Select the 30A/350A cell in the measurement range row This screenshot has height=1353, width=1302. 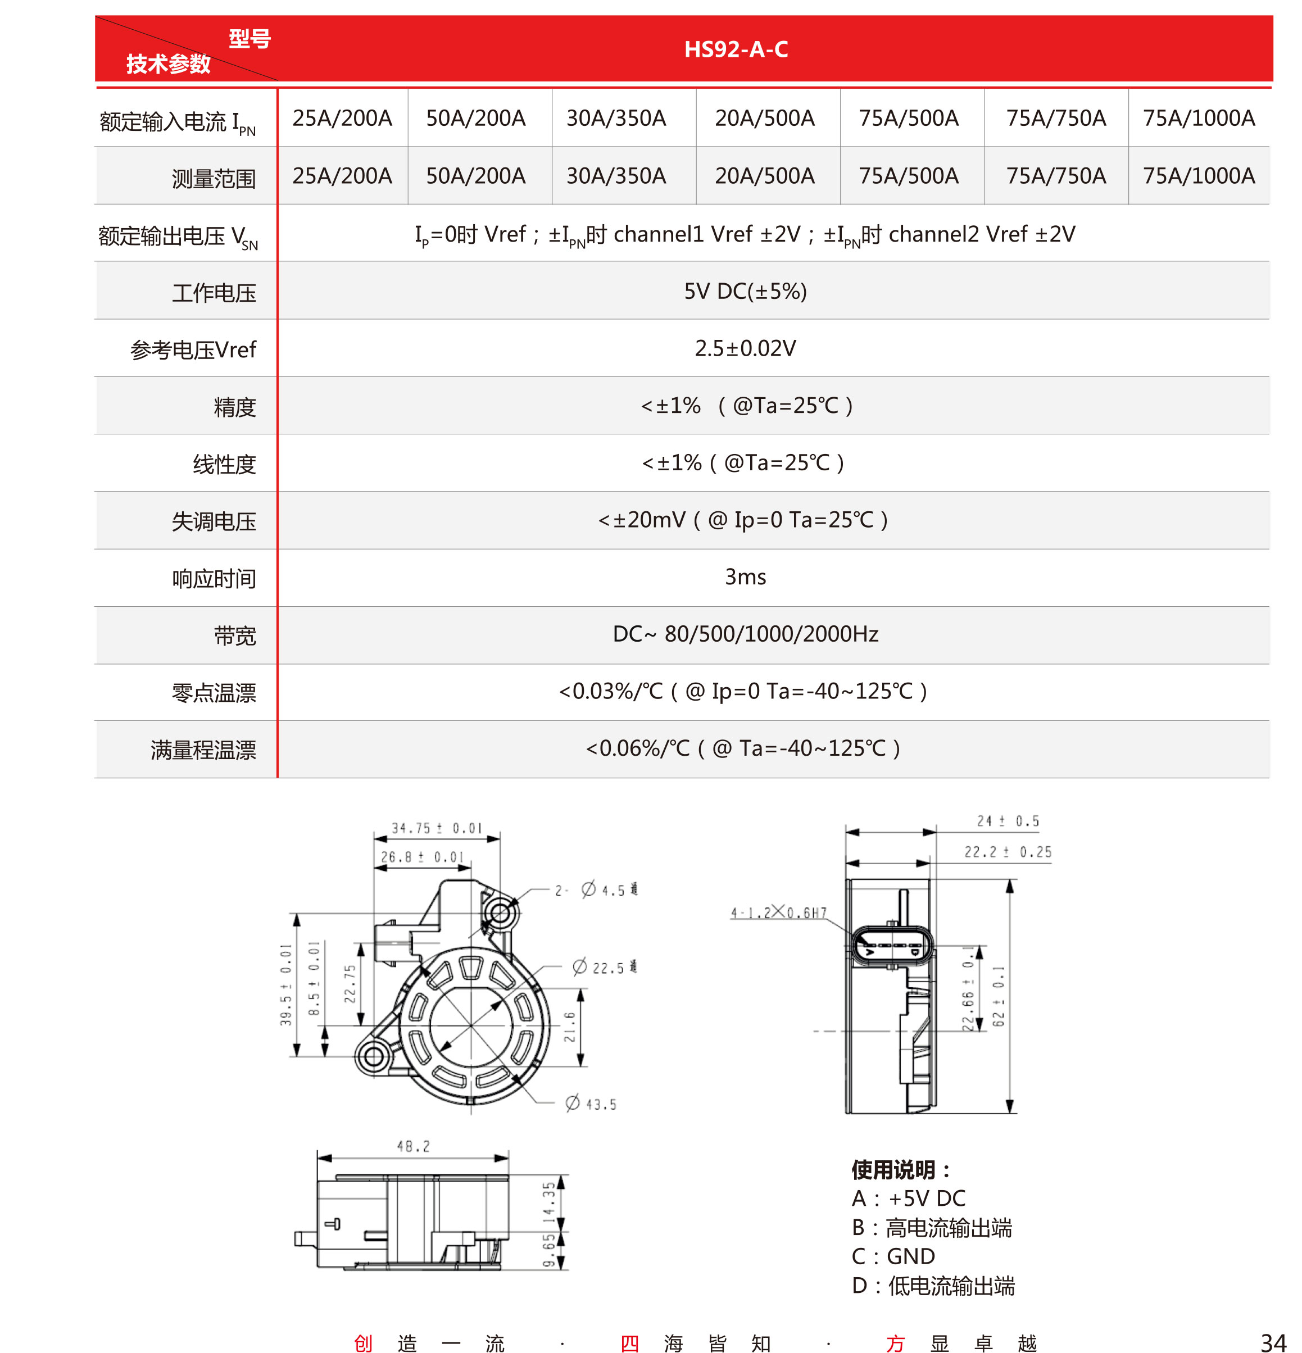[616, 176]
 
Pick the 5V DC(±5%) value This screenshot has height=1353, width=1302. [745, 291]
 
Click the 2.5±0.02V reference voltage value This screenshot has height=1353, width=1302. [745, 348]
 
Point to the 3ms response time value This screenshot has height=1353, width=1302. [745, 577]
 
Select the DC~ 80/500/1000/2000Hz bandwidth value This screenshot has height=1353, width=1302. [745, 634]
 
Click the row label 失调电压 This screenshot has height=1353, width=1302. [214, 522]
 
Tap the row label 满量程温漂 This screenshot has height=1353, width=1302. [203, 750]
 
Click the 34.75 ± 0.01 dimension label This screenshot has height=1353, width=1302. [436, 828]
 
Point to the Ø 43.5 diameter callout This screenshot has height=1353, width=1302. [591, 1104]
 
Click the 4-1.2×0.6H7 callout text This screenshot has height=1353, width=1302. [778, 912]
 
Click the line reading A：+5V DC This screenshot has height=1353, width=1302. [908, 1198]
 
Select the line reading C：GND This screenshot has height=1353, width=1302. [893, 1256]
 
